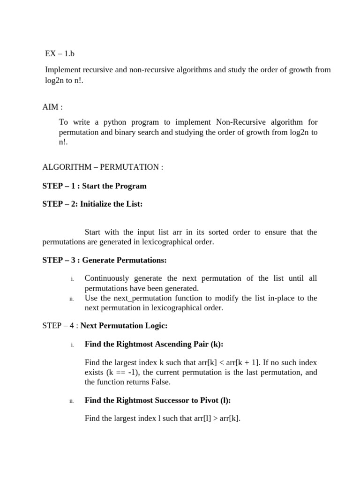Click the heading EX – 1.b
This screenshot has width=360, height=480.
(x=60, y=54)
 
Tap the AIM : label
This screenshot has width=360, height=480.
(x=52, y=107)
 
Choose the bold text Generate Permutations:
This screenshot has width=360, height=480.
(x=124, y=260)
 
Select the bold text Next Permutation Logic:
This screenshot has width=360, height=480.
(x=124, y=326)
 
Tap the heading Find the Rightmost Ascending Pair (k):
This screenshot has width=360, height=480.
(x=154, y=345)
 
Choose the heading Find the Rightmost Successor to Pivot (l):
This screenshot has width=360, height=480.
(x=158, y=400)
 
